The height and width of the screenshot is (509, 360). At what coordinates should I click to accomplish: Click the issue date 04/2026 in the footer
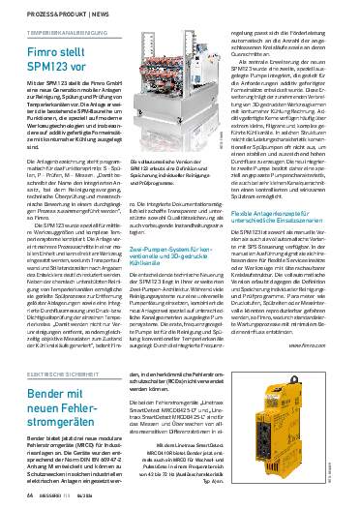click(87, 496)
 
